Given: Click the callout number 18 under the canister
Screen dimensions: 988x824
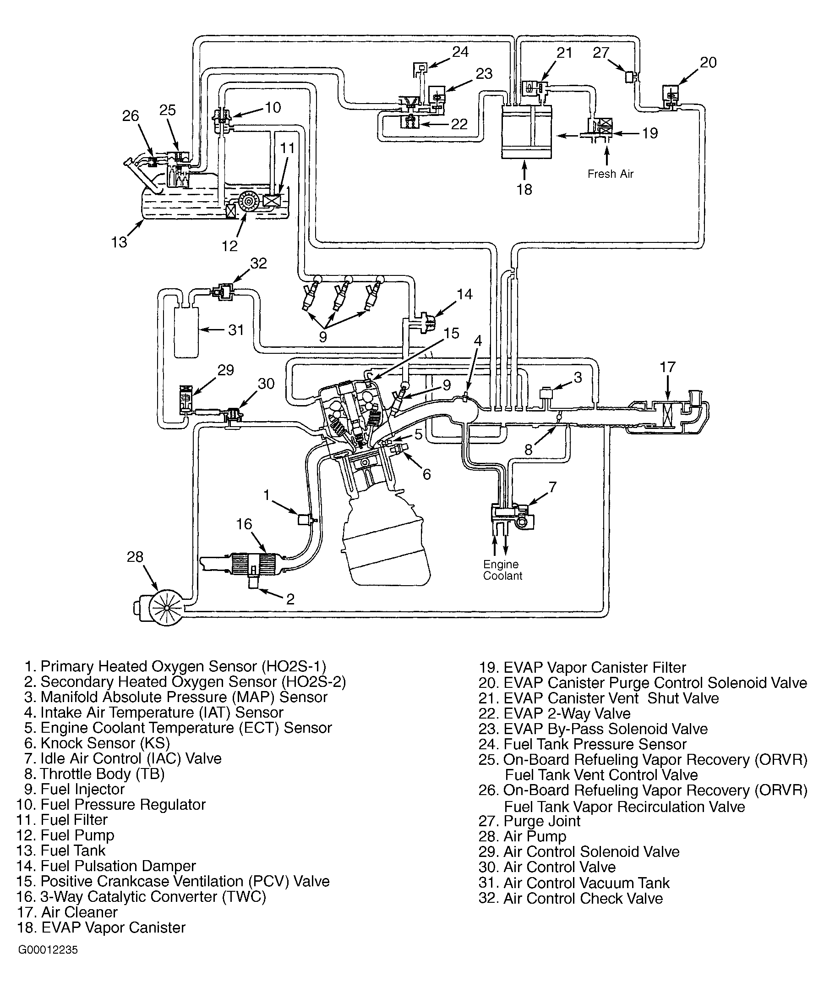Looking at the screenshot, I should (x=524, y=189).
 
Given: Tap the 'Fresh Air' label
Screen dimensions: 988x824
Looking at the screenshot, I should (x=610, y=174).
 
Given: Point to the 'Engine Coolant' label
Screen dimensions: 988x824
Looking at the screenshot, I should (x=502, y=570).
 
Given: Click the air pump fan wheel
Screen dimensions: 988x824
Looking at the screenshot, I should (x=166, y=607).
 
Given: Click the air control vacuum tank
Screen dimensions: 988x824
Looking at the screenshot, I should (x=186, y=333).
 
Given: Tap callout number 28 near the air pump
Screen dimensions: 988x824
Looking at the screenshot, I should (x=135, y=557).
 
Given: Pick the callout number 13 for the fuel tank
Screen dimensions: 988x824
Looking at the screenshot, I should (x=119, y=242).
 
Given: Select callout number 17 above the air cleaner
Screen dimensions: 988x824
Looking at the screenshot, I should (x=667, y=367).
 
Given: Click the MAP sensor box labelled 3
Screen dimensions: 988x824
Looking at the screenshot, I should (x=546, y=393).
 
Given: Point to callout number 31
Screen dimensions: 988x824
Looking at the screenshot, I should (x=236, y=330).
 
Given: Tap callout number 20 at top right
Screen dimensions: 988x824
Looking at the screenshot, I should (x=708, y=63).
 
